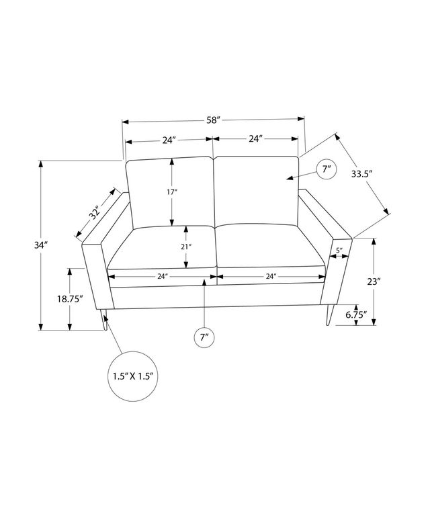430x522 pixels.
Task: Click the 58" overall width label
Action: tap(214, 120)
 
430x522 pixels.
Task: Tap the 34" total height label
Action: tap(41, 245)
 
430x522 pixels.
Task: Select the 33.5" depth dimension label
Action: tap(361, 174)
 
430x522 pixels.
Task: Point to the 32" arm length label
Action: tap(95, 214)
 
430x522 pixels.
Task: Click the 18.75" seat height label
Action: tap(70, 299)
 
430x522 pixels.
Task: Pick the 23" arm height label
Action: tap(374, 281)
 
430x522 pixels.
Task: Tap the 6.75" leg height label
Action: tap(356, 314)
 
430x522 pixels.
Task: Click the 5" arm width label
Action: tap(339, 251)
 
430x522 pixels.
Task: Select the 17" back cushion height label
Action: tap(172, 192)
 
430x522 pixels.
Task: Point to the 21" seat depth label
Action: tap(186, 247)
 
